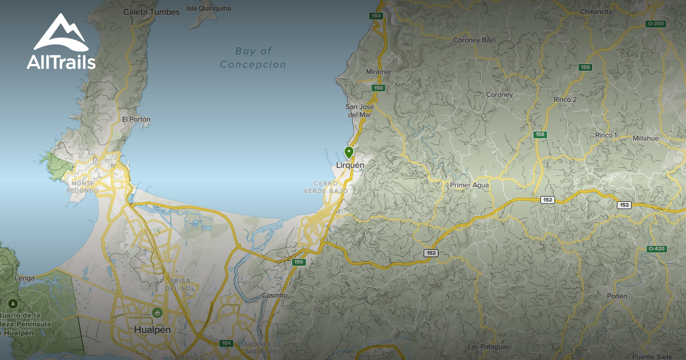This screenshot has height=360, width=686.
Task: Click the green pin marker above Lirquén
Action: [349, 152]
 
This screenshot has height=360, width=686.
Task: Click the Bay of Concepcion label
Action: [253, 58]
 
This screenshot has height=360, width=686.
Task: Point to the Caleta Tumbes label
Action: [151, 11]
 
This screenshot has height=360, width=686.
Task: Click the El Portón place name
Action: [136, 119]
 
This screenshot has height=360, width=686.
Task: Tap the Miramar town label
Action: [378, 72]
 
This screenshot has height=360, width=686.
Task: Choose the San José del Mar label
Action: [360, 110]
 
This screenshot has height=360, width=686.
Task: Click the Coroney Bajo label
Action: [474, 41]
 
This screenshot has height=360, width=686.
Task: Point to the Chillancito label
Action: [596, 11]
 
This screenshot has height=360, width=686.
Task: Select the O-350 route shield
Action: [655, 23]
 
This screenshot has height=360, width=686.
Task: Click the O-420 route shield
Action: [656, 249]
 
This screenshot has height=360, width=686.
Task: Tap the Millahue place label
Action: [645, 138]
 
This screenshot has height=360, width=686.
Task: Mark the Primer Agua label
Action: [469, 185]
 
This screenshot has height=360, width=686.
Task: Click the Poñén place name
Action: [617, 296]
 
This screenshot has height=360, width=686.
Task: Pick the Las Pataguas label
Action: [488, 347]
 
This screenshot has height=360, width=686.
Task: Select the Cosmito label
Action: [274, 295]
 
